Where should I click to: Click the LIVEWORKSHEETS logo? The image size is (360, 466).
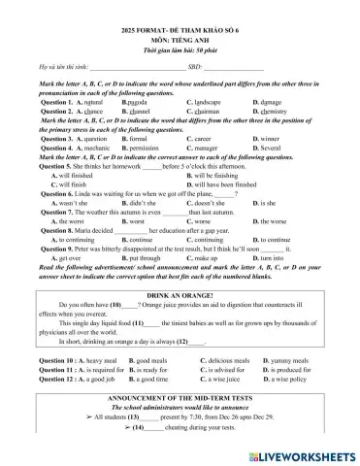(307, 454)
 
